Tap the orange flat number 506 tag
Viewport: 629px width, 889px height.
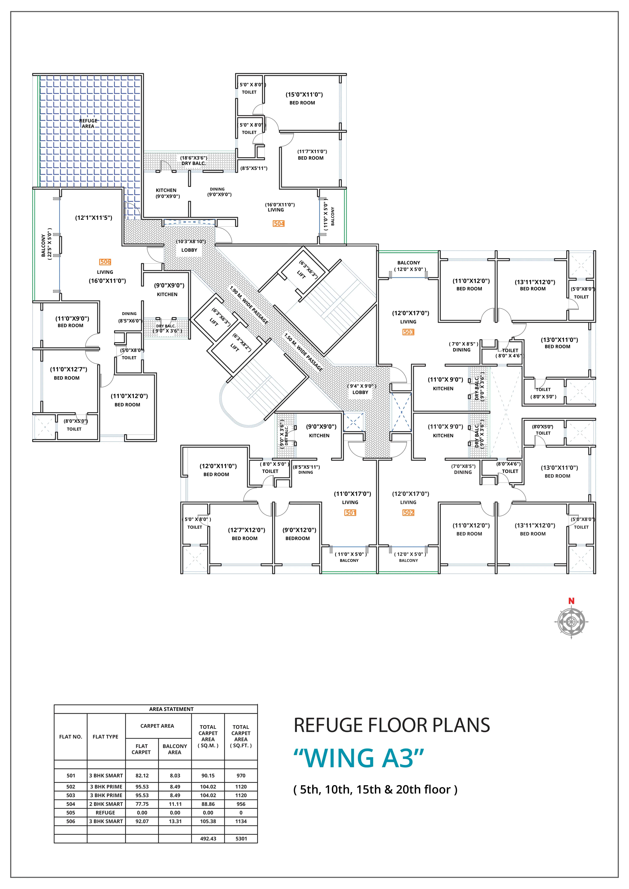click(x=105, y=262)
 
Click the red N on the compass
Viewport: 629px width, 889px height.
click(x=571, y=601)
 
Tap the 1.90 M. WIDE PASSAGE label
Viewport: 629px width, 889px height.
click(x=249, y=305)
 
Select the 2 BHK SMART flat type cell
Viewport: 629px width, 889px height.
click(x=106, y=804)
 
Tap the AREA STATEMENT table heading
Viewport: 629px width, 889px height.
click(x=171, y=709)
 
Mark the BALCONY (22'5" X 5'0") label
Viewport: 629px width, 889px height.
click(x=46, y=244)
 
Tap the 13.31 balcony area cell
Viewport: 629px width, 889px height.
click(x=175, y=821)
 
